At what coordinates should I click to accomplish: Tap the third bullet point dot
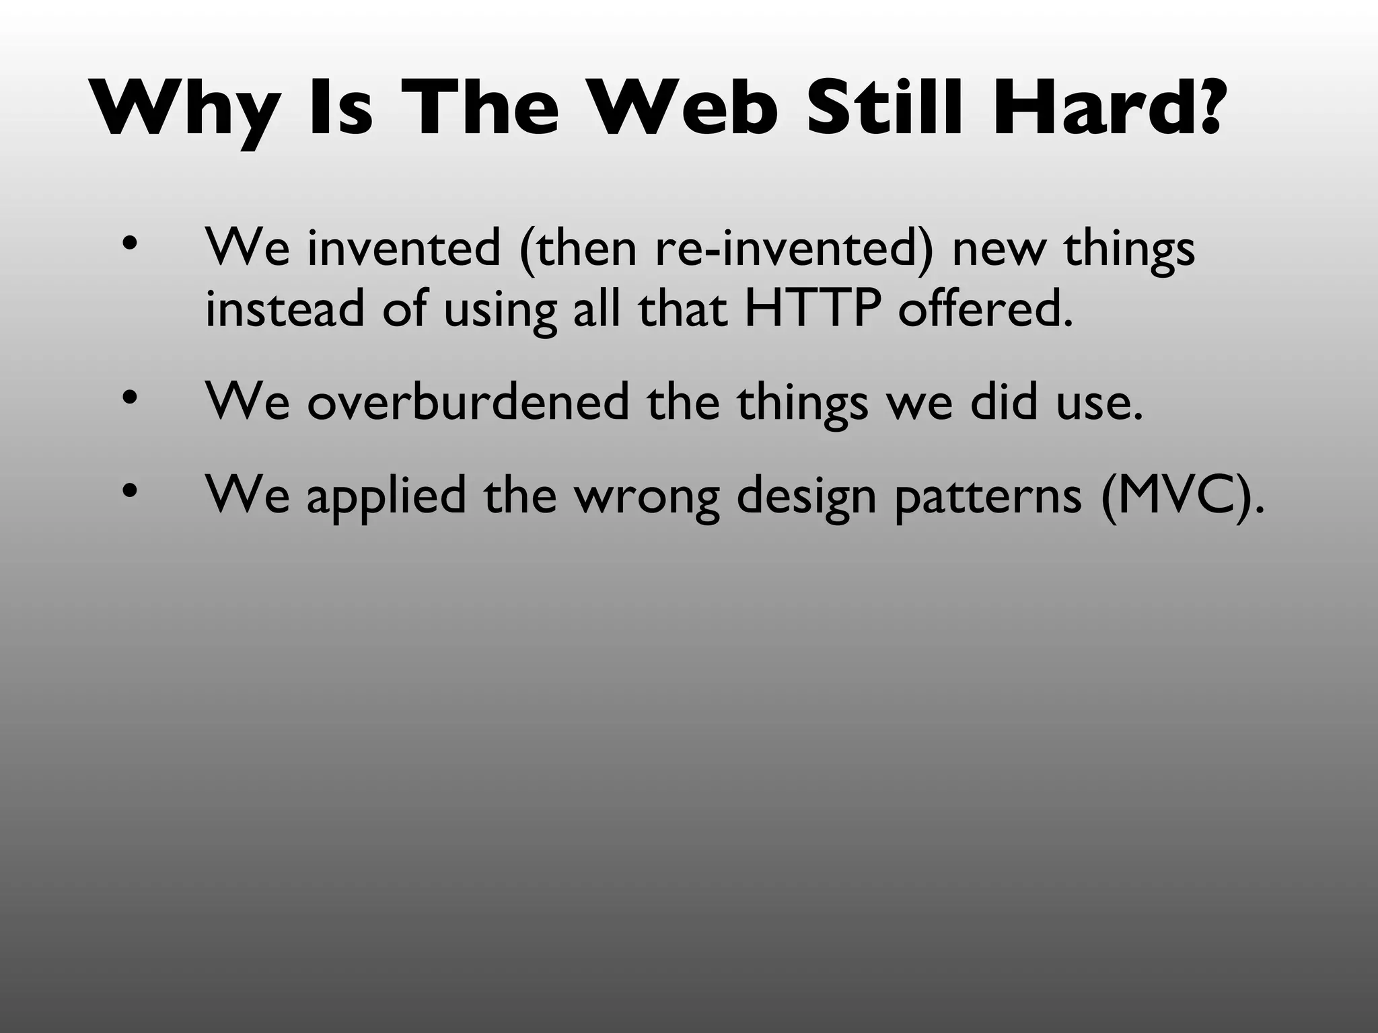pos(129,492)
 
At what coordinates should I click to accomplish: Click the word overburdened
pos(468,402)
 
